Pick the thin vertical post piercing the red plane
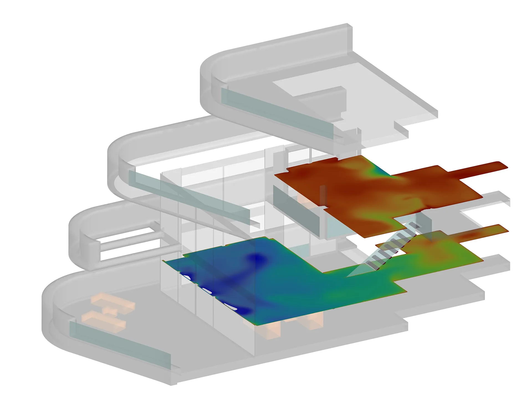point(322,194)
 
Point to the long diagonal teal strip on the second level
point(188,194)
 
